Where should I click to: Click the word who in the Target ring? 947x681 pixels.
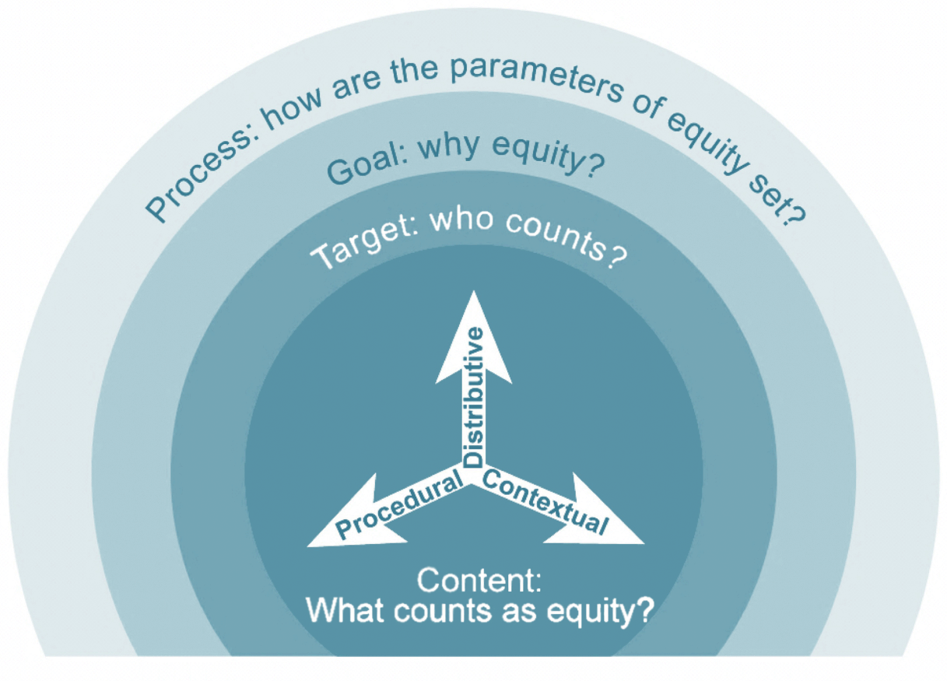[x=461, y=220]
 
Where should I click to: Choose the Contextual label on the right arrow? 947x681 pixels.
[x=545, y=502]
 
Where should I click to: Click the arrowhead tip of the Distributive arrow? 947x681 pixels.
[x=473, y=291]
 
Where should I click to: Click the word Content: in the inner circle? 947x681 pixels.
[x=479, y=581]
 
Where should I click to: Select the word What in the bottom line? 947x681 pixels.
[x=345, y=610]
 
